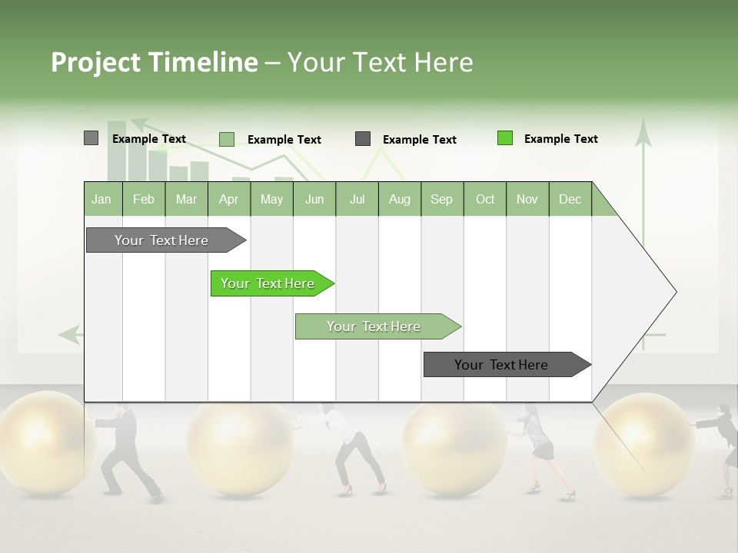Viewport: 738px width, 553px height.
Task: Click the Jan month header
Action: [101, 199]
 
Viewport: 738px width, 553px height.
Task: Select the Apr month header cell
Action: [228, 199]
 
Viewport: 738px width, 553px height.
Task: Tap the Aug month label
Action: [399, 199]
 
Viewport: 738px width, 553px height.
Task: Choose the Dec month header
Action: [570, 199]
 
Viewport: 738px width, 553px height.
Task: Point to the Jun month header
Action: [314, 199]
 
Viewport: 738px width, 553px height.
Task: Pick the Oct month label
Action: [485, 199]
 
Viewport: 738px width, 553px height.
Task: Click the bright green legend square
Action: [505, 138]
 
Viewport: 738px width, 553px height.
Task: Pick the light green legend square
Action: [227, 139]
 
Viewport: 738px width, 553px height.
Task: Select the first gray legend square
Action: [91, 138]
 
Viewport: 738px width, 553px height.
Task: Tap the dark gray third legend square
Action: [363, 139]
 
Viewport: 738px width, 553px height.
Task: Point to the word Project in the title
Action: [95, 62]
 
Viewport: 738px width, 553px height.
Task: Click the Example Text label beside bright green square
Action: [560, 139]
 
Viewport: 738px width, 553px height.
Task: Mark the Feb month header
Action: [144, 199]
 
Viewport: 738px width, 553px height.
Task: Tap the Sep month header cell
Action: [441, 199]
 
